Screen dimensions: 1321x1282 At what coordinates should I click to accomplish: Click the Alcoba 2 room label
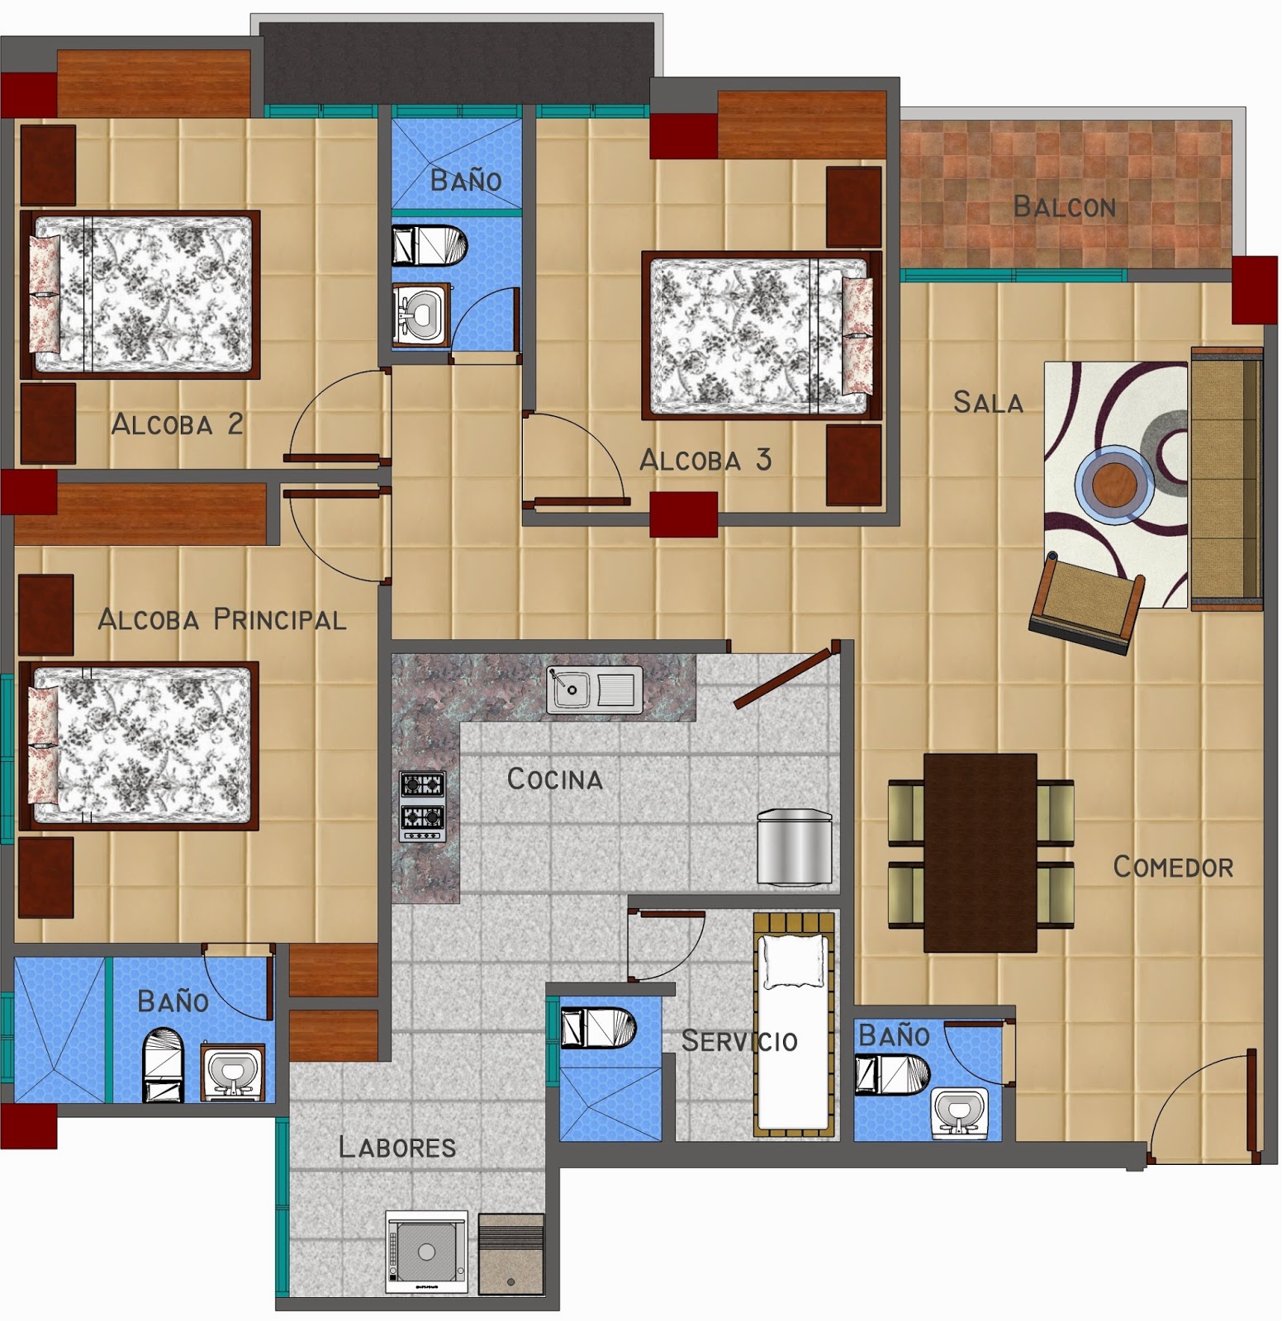[177, 424]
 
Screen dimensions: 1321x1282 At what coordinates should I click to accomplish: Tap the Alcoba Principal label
[221, 619]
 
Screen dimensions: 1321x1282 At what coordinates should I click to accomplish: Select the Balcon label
[1064, 206]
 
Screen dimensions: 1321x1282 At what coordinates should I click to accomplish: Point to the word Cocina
[554, 779]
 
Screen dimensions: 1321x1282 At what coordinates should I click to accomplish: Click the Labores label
[396, 1147]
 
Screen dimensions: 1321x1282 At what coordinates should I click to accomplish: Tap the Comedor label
[1172, 867]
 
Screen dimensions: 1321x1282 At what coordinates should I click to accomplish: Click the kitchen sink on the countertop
[594, 690]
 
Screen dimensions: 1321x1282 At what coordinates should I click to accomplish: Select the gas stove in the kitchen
[422, 806]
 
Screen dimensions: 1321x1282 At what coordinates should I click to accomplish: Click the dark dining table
[980, 852]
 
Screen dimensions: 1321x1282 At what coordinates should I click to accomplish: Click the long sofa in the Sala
[1226, 479]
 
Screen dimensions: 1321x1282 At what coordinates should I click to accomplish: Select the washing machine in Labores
[426, 1252]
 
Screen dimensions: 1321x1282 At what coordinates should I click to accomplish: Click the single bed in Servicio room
[794, 1024]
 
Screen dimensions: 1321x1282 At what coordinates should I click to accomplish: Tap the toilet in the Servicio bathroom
[597, 1027]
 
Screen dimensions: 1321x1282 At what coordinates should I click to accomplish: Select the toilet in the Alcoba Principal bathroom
[163, 1065]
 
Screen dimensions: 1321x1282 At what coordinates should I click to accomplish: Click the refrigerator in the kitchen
[794, 847]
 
